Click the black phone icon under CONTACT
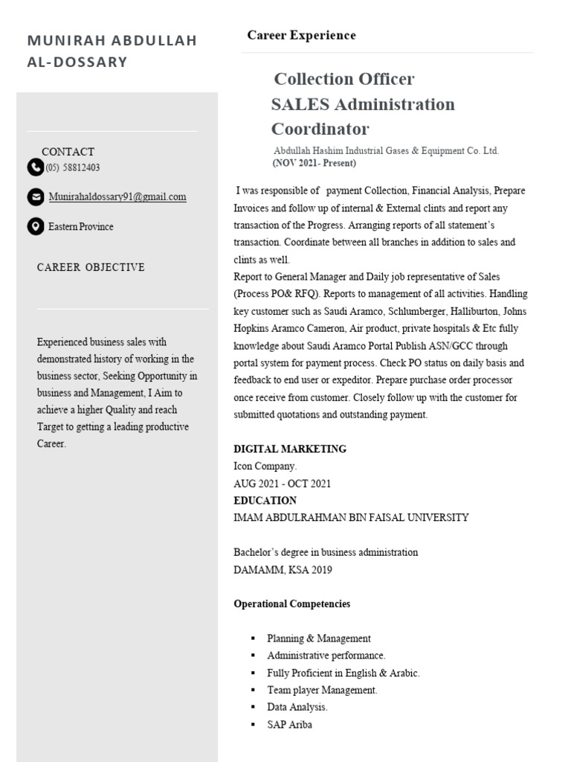click(x=35, y=167)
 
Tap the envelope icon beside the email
click(x=35, y=197)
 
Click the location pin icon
click(x=35, y=226)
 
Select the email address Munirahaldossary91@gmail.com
click(x=117, y=197)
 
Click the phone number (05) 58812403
click(x=73, y=167)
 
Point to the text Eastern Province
click(x=81, y=226)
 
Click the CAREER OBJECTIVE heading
click(x=91, y=267)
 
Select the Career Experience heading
click(x=301, y=35)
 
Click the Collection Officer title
click(x=343, y=79)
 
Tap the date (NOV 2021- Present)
click(x=314, y=163)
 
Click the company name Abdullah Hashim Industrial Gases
click(x=385, y=150)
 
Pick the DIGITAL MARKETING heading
click(x=289, y=449)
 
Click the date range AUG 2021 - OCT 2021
click(x=282, y=483)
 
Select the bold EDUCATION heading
click(x=265, y=500)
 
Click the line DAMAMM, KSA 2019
click(x=283, y=570)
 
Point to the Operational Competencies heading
click(x=291, y=603)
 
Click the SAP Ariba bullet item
click(x=289, y=724)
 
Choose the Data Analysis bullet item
click(x=297, y=707)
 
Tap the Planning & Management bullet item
click(x=318, y=638)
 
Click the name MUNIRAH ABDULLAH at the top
click(x=112, y=40)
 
